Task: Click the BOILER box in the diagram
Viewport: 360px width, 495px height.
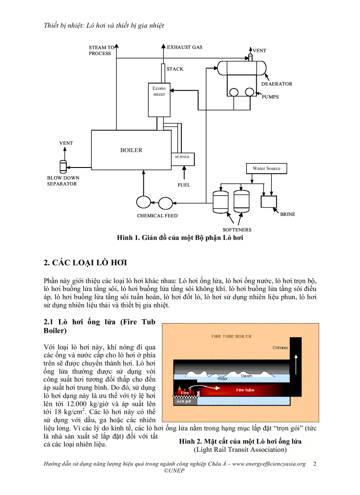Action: coord(131,150)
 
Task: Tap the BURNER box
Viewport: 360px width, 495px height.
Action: coord(183,157)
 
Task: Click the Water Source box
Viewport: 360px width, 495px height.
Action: coord(266,168)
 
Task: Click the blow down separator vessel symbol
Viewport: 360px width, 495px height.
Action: coord(62,167)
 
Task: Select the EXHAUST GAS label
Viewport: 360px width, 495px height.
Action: coord(184,47)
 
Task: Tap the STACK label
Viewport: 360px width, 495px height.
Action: coord(175,69)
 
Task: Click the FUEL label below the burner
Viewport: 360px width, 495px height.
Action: coord(184,185)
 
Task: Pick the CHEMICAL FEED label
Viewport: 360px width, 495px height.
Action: coord(157,216)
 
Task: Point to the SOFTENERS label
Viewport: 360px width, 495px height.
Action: coord(237,230)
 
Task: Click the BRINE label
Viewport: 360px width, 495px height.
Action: coord(288,215)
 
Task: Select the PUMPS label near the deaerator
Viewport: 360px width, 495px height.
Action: coord(270,97)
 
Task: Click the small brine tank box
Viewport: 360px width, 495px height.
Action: coord(269,201)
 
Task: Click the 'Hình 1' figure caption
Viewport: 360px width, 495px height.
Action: coord(180,238)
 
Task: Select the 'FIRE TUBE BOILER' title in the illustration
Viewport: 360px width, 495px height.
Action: coord(232,336)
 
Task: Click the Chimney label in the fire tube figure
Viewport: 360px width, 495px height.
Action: coord(280,348)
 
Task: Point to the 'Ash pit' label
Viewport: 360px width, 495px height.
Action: coord(183,402)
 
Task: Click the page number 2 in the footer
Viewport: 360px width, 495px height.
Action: coord(314,464)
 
